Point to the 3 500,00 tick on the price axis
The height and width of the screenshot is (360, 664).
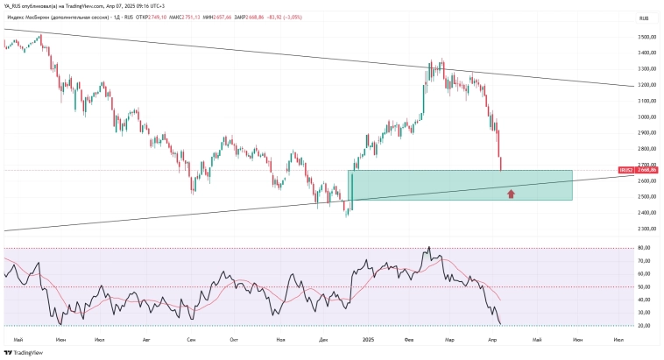pyautogui.click(x=648, y=38)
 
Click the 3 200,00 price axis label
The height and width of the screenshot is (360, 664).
pyautogui.click(x=648, y=85)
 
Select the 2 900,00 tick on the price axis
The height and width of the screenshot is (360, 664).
pyautogui.click(x=648, y=133)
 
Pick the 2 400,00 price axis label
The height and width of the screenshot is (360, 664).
pyautogui.click(x=648, y=213)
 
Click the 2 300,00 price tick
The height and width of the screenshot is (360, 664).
pyautogui.click(x=648, y=229)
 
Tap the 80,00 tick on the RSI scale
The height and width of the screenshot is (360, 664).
pyautogui.click(x=645, y=249)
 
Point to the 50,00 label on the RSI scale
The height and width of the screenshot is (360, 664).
pyautogui.click(x=645, y=286)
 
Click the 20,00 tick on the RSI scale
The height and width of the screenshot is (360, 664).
pyautogui.click(x=645, y=325)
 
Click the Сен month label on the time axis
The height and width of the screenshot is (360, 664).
pyautogui.click(x=191, y=337)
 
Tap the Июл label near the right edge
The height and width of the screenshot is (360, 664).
pyautogui.click(x=619, y=337)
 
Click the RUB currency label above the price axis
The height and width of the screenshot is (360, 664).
pyautogui.click(x=644, y=18)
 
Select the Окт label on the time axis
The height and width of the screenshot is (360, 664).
pyautogui.click(x=234, y=337)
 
